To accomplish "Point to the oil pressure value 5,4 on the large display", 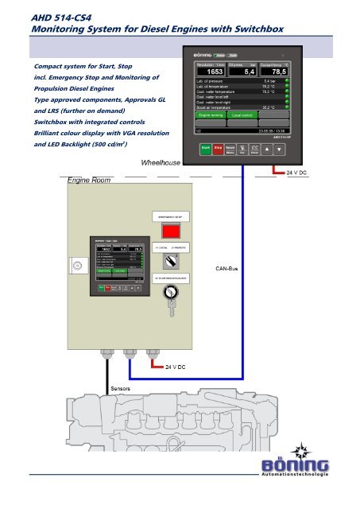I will (x=238, y=71).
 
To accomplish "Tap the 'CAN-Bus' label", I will (x=228, y=270).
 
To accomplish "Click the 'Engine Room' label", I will (x=88, y=181).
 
